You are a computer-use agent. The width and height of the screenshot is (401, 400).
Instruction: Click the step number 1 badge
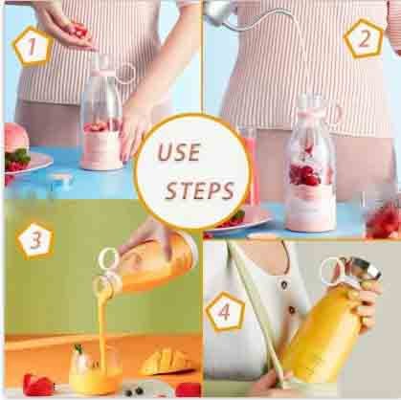click(33, 47)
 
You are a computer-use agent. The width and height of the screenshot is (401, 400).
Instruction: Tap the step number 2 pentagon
click(364, 39)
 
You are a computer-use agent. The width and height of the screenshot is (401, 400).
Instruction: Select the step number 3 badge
click(35, 239)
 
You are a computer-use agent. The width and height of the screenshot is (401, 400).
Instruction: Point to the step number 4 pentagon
click(225, 311)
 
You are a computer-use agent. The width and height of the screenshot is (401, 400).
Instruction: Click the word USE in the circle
click(179, 152)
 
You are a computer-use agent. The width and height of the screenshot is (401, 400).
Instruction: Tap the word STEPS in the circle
click(200, 190)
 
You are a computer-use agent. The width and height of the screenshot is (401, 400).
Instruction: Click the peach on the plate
click(16, 137)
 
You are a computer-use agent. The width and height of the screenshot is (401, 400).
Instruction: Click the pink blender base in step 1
click(101, 149)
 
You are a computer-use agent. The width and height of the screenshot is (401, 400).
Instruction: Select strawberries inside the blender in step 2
click(304, 175)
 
